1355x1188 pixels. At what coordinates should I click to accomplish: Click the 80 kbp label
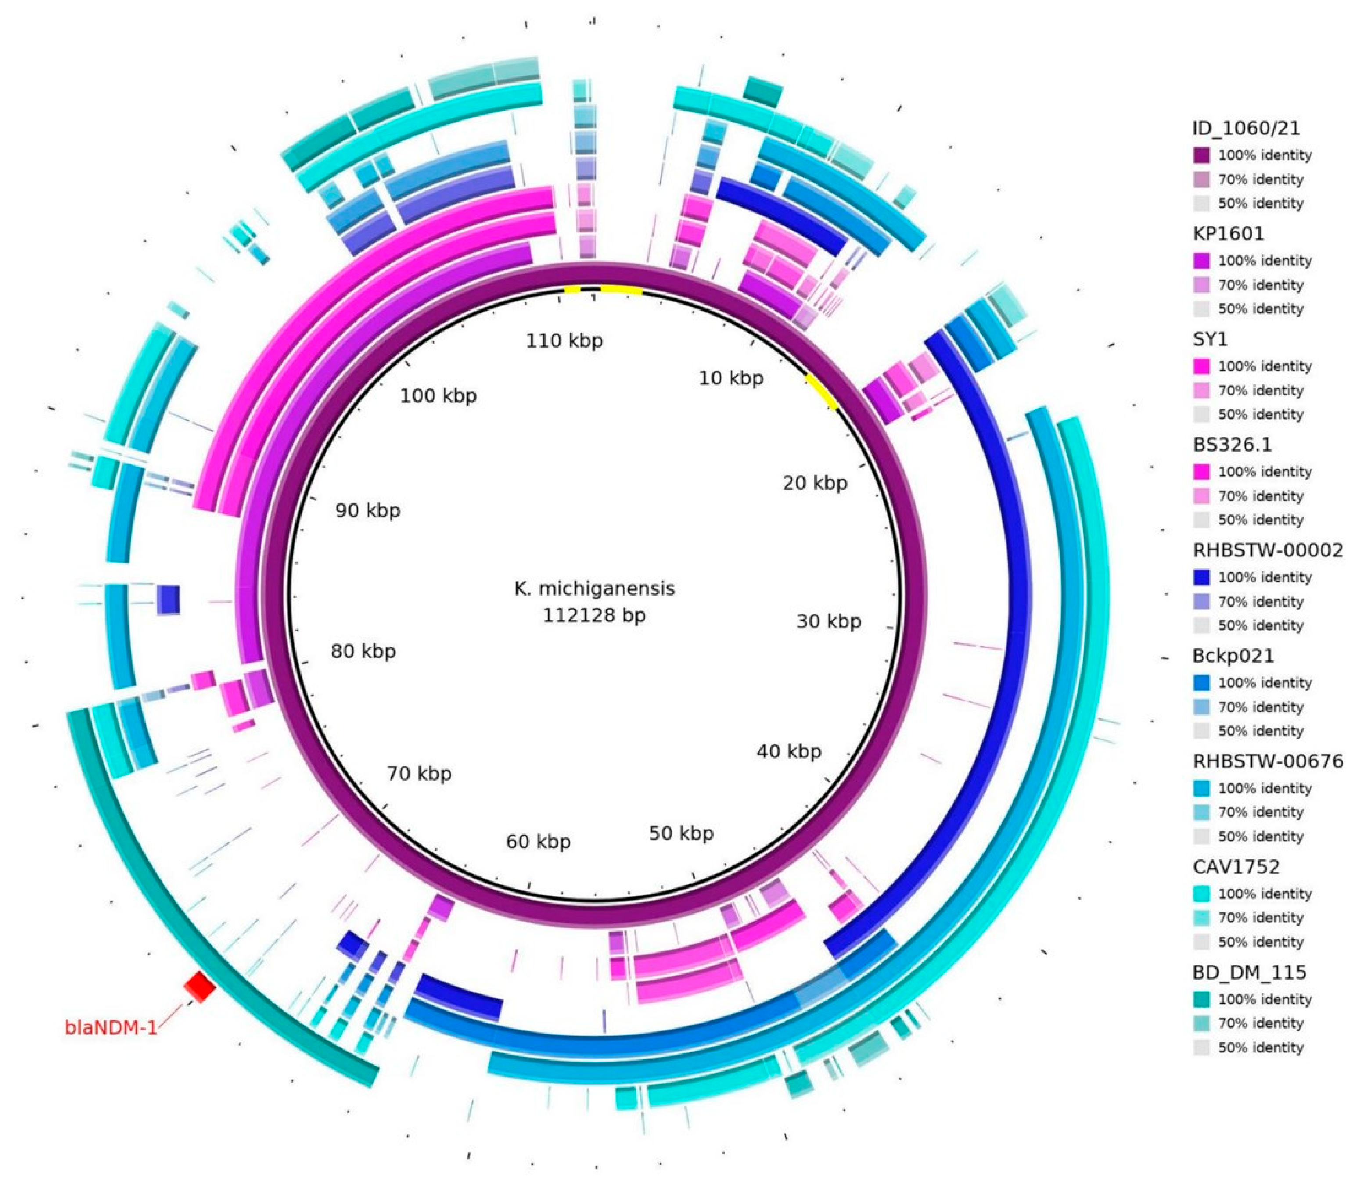click(363, 651)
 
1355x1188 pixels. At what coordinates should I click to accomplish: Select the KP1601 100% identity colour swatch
click(1201, 261)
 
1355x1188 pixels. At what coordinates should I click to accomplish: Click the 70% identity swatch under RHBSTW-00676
click(1201, 812)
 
